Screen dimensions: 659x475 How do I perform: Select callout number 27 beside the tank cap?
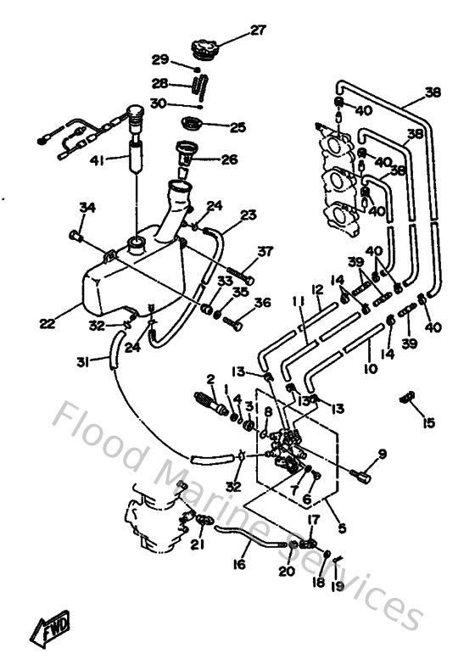(x=257, y=31)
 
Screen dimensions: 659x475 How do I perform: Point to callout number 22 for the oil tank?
(x=46, y=322)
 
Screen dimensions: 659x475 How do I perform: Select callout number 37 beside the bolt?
(x=266, y=251)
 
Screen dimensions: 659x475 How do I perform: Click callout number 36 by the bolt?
(x=262, y=302)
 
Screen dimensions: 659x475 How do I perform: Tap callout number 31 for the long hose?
(x=83, y=363)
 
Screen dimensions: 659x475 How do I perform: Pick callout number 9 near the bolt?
(x=382, y=454)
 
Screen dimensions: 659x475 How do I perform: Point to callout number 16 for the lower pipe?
(x=241, y=562)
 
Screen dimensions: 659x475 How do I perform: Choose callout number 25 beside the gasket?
(x=237, y=127)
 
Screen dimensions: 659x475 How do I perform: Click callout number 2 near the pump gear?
(x=210, y=379)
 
